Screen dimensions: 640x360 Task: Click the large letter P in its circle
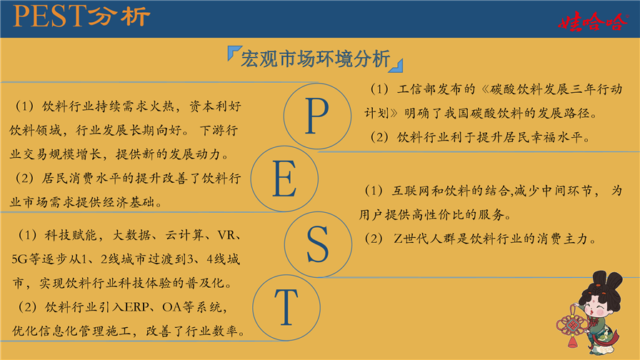point(317,116)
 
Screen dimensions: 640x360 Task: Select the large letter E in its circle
point(284,179)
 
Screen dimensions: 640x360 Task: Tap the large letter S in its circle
point(318,244)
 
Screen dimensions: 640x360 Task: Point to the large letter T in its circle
point(286,307)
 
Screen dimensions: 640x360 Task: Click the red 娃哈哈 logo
point(593,22)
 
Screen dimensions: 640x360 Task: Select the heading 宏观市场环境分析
point(316,59)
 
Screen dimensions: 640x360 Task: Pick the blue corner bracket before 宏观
point(234,53)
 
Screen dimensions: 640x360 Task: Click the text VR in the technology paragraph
point(226,236)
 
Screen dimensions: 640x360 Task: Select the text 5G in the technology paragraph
point(19,259)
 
